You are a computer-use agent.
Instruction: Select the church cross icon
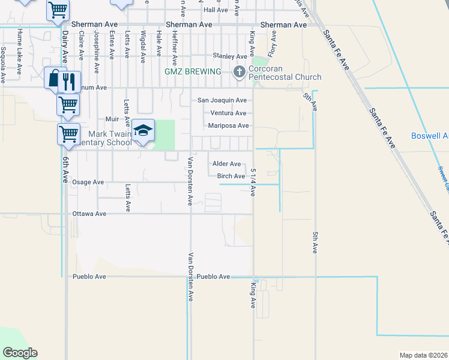point(240,73)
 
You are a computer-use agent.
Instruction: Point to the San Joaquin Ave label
point(223,100)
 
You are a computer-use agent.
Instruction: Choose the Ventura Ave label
point(228,113)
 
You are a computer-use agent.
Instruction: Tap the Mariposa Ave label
point(228,126)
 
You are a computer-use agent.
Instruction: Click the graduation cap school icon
point(143,131)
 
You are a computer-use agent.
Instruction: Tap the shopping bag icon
point(55,79)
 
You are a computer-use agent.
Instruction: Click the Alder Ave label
point(228,164)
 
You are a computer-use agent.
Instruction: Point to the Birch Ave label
point(231,176)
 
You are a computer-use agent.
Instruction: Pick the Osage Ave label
point(88,182)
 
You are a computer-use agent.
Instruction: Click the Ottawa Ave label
point(89,214)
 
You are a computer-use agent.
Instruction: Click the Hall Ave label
point(216,10)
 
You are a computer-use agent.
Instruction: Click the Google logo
point(20,353)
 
